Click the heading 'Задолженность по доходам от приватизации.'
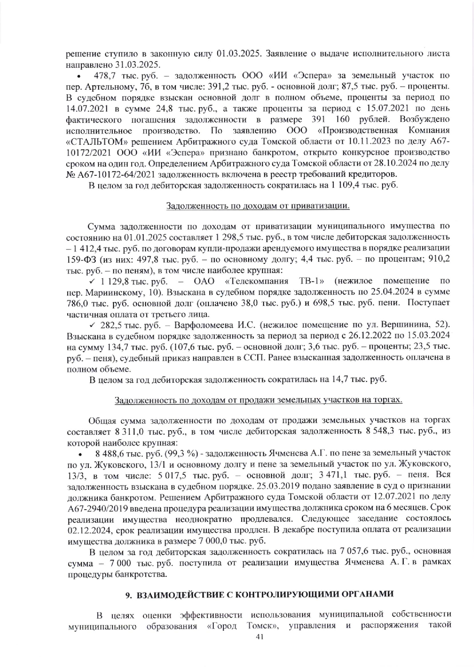click(258, 206)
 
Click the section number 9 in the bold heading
click(129, 596)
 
